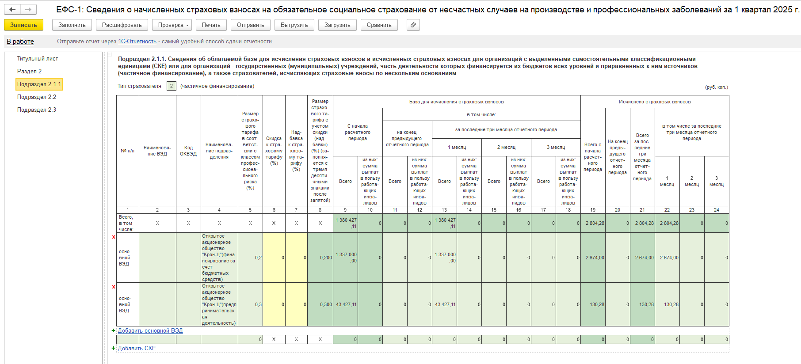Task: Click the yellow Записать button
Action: coord(23,25)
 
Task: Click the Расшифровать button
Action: coord(122,25)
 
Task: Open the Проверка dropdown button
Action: coord(172,25)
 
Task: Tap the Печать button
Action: coord(211,25)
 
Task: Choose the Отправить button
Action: coord(250,25)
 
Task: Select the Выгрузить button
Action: coord(294,25)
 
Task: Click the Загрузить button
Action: coord(337,25)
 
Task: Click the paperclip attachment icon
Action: coord(413,25)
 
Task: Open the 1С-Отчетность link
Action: coord(137,42)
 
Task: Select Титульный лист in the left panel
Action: coord(38,59)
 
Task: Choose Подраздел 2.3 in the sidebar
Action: coord(37,110)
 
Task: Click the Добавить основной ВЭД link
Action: coord(150,331)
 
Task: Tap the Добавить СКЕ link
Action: coord(137,349)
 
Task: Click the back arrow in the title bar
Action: coord(12,9)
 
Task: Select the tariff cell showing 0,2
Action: coord(250,258)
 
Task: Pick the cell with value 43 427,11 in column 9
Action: coord(345,304)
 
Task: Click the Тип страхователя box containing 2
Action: coord(172,86)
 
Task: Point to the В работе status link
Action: coord(20,42)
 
